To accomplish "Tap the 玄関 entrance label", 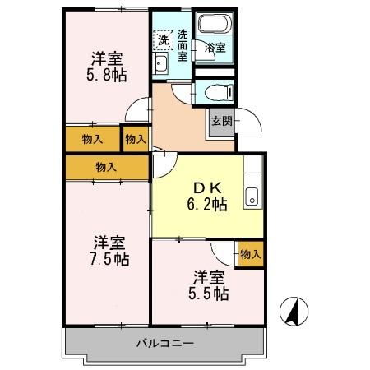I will pyautogui.click(x=221, y=122).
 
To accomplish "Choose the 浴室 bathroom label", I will pyautogui.click(x=215, y=49).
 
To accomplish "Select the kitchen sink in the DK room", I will pyautogui.click(x=252, y=197).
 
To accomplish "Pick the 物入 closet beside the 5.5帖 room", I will pyautogui.click(x=251, y=255).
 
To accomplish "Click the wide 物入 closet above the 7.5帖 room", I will pyautogui.click(x=107, y=167).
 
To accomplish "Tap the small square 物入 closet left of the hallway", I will pyautogui.click(x=135, y=139).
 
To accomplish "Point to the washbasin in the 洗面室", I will pyautogui.click(x=161, y=66).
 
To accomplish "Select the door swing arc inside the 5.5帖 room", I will pyautogui.click(x=222, y=251).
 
